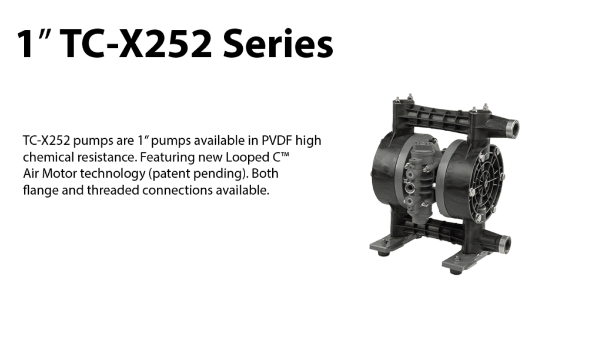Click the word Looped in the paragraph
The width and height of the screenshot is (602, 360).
[244, 157]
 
